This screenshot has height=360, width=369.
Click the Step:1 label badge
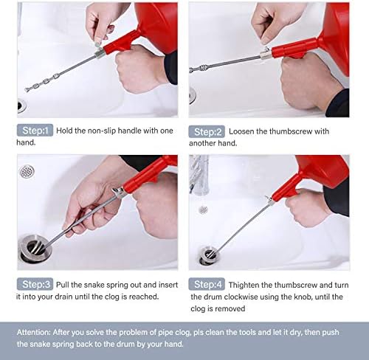pos(35,131)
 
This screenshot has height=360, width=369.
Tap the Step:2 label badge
pos(207,131)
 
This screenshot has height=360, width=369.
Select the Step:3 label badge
pos(35,284)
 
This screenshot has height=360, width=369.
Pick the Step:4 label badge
pos(207,285)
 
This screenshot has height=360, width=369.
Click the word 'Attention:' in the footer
pos(33,332)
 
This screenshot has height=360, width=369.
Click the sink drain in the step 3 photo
pos(35,248)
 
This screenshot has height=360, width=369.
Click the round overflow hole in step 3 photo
pos(27,171)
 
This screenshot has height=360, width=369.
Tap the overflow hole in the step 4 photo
pos(203,210)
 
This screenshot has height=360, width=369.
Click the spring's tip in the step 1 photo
pos(26,90)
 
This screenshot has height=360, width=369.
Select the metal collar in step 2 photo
pos(266,55)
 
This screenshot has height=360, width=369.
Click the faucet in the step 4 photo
pos(199,175)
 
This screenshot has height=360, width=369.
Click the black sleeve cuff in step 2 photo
pos(338,103)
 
